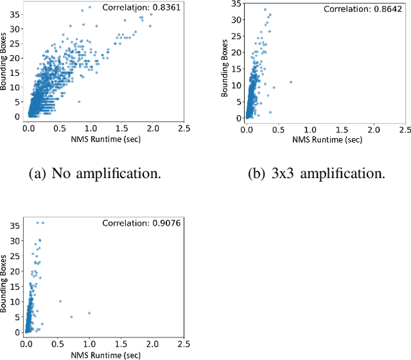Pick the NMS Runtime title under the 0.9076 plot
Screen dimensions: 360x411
(x=105, y=354)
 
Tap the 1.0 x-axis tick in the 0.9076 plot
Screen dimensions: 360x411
(x=89, y=343)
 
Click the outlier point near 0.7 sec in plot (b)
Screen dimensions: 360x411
(x=291, y=82)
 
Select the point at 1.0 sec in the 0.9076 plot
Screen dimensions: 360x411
(x=89, y=313)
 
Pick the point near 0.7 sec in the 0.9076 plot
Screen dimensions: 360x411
(x=71, y=317)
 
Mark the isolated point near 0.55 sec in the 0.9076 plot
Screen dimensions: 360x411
(x=60, y=301)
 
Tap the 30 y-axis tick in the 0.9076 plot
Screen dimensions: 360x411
(x=17, y=239)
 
